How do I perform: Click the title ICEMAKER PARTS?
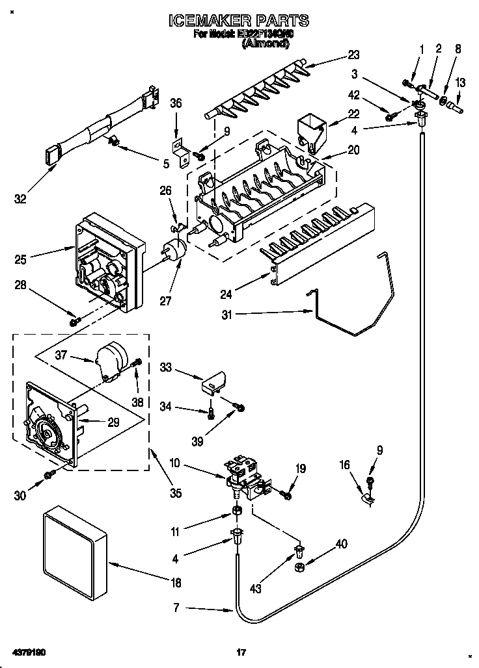(x=239, y=21)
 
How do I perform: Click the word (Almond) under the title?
(x=266, y=44)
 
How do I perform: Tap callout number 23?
(x=354, y=55)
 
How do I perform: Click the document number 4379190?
(x=27, y=651)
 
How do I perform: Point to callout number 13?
(x=461, y=83)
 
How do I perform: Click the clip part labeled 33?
(x=213, y=382)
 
